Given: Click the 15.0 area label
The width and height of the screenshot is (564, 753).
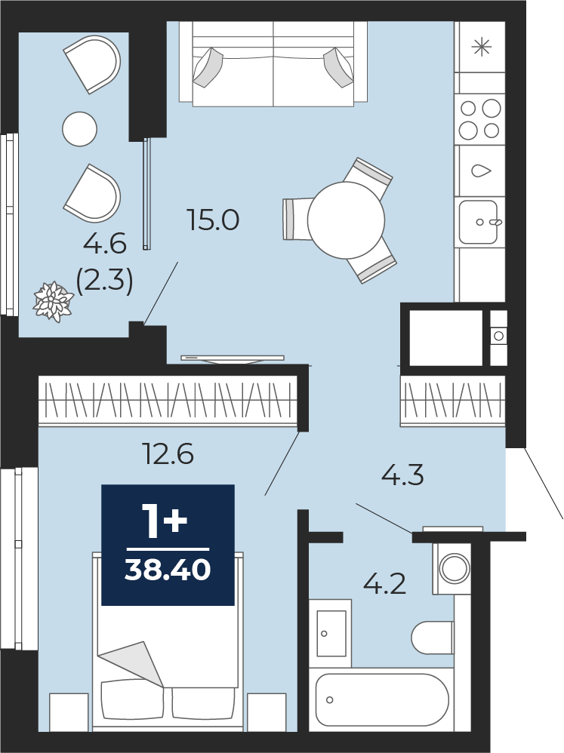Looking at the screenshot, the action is (214, 221).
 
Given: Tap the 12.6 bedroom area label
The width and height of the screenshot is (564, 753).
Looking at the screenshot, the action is (169, 453).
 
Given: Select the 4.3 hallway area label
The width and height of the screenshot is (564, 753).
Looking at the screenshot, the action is (402, 476).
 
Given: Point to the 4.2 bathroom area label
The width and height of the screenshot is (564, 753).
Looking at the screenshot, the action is (385, 585).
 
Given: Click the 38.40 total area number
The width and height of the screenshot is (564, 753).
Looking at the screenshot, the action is (168, 570).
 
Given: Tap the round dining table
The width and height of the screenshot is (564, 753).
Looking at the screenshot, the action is (346, 221).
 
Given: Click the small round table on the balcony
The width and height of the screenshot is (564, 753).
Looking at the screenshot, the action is (80, 128).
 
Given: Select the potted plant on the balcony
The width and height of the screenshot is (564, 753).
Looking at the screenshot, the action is (53, 302).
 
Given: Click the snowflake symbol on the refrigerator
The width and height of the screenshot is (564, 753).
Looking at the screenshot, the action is (481, 47).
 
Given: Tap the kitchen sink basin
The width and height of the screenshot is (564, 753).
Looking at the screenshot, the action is (478, 222).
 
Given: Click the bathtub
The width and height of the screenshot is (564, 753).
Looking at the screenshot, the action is (382, 699).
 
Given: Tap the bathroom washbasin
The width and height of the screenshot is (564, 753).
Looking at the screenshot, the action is (331, 634).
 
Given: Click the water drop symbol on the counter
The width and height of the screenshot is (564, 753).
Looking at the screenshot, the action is (482, 171).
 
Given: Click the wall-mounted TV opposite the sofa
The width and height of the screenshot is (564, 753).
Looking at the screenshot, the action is (233, 358).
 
